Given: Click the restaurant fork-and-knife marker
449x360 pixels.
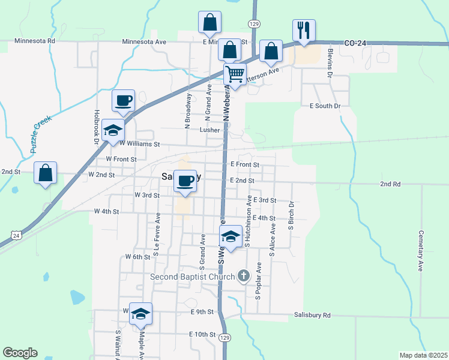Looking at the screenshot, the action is coord(304,29).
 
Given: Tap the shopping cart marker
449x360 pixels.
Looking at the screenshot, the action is coord(235,74).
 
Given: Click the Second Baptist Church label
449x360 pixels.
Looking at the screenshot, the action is coord(193,277).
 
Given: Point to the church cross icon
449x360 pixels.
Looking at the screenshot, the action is coord(243,276).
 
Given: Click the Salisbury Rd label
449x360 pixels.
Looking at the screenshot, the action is coord(312,315).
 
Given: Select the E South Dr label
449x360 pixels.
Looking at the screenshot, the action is coord(325,106).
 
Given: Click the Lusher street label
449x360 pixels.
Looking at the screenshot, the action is coord(209,130).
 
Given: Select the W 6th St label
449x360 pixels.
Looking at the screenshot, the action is coord(137,257).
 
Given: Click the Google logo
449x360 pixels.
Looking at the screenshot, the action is coord(20,352).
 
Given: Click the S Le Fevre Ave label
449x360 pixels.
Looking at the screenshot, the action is coord(156,229).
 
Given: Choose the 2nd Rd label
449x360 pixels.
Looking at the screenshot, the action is coord(390,184).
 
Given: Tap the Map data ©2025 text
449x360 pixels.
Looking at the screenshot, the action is coord(423,355).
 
